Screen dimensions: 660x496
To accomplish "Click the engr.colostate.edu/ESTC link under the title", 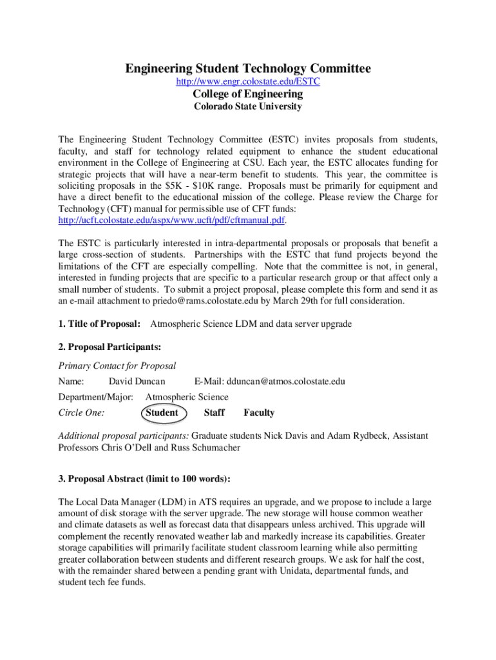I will click(248, 82).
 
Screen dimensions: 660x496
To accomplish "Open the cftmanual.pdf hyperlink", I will click(172, 220).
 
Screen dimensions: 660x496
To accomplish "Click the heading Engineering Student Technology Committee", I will click(248, 68).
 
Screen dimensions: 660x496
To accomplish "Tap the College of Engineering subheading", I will click(248, 94).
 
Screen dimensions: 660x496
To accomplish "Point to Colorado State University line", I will click(248, 107).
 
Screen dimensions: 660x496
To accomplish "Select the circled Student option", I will click(162, 412).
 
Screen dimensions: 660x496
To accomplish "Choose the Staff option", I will click(214, 412).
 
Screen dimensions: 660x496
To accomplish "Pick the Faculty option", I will click(259, 412).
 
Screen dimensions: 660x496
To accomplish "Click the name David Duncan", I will click(137, 382).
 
